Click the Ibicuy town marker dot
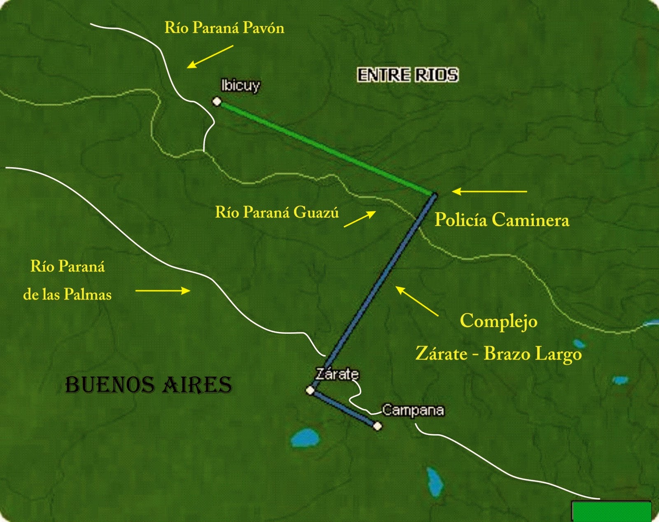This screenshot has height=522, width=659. (x=217, y=101)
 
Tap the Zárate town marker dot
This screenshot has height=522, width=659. (x=311, y=390)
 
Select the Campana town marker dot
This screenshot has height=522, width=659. (x=377, y=426)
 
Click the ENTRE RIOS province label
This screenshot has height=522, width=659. (x=407, y=75)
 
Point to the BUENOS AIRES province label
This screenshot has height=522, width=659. (x=149, y=385)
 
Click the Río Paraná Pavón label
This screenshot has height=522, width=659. (x=224, y=28)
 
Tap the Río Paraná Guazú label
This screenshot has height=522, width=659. (x=277, y=212)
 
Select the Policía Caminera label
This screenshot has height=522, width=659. (x=502, y=220)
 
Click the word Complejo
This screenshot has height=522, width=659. (x=498, y=321)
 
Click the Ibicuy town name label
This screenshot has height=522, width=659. (x=241, y=86)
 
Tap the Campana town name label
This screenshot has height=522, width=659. (x=413, y=410)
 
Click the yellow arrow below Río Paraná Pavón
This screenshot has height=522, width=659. (x=210, y=56)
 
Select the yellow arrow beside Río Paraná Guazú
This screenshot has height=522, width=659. (x=360, y=219)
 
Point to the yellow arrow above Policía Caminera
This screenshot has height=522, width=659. (x=489, y=192)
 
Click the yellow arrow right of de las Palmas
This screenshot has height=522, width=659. (x=163, y=291)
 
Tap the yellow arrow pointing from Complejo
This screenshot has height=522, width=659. (x=417, y=302)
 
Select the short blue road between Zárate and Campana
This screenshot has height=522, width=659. (x=344, y=408)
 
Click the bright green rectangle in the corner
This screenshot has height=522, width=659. (x=611, y=511)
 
